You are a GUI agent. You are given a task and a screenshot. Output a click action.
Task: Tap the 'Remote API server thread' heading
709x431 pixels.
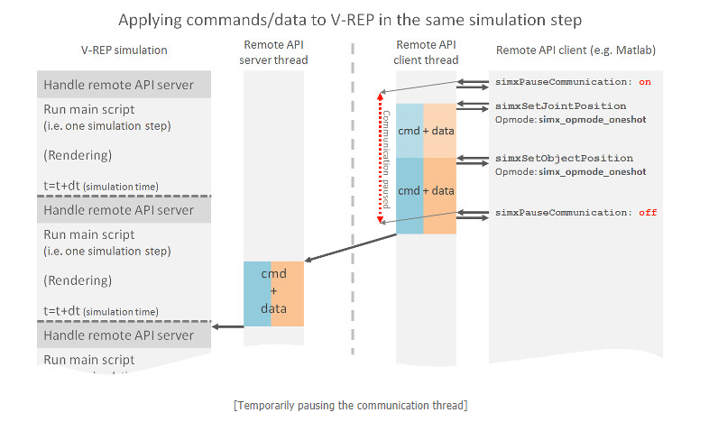[x=274, y=52]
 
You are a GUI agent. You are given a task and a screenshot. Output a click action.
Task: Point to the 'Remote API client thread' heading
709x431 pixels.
[x=426, y=52]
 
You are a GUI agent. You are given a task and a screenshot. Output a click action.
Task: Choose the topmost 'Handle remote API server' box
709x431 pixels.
[x=124, y=85]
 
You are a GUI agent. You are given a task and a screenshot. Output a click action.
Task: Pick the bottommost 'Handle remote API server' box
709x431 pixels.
[x=124, y=335]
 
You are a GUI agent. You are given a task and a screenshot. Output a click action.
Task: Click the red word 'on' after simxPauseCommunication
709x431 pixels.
[x=644, y=82]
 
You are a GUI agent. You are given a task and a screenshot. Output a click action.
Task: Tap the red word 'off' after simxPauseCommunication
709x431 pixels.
[x=647, y=213]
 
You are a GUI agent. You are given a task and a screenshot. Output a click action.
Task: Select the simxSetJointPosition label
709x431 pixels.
[x=560, y=106]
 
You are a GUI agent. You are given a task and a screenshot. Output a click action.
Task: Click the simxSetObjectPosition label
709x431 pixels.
[x=564, y=159]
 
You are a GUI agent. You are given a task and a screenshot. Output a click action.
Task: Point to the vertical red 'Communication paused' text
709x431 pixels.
[x=386, y=158]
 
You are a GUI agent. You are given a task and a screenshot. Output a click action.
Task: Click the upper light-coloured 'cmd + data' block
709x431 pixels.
[x=426, y=131]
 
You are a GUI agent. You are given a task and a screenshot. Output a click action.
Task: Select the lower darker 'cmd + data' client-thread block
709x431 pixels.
[x=426, y=191]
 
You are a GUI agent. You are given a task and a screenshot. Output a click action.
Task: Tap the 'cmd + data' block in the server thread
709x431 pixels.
[x=273, y=293]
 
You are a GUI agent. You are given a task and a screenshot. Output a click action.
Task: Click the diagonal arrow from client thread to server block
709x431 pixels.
[x=352, y=248]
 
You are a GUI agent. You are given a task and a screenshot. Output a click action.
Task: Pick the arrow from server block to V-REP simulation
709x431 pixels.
[x=228, y=326]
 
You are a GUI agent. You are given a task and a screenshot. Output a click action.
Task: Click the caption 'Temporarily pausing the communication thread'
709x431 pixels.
[x=350, y=405]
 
